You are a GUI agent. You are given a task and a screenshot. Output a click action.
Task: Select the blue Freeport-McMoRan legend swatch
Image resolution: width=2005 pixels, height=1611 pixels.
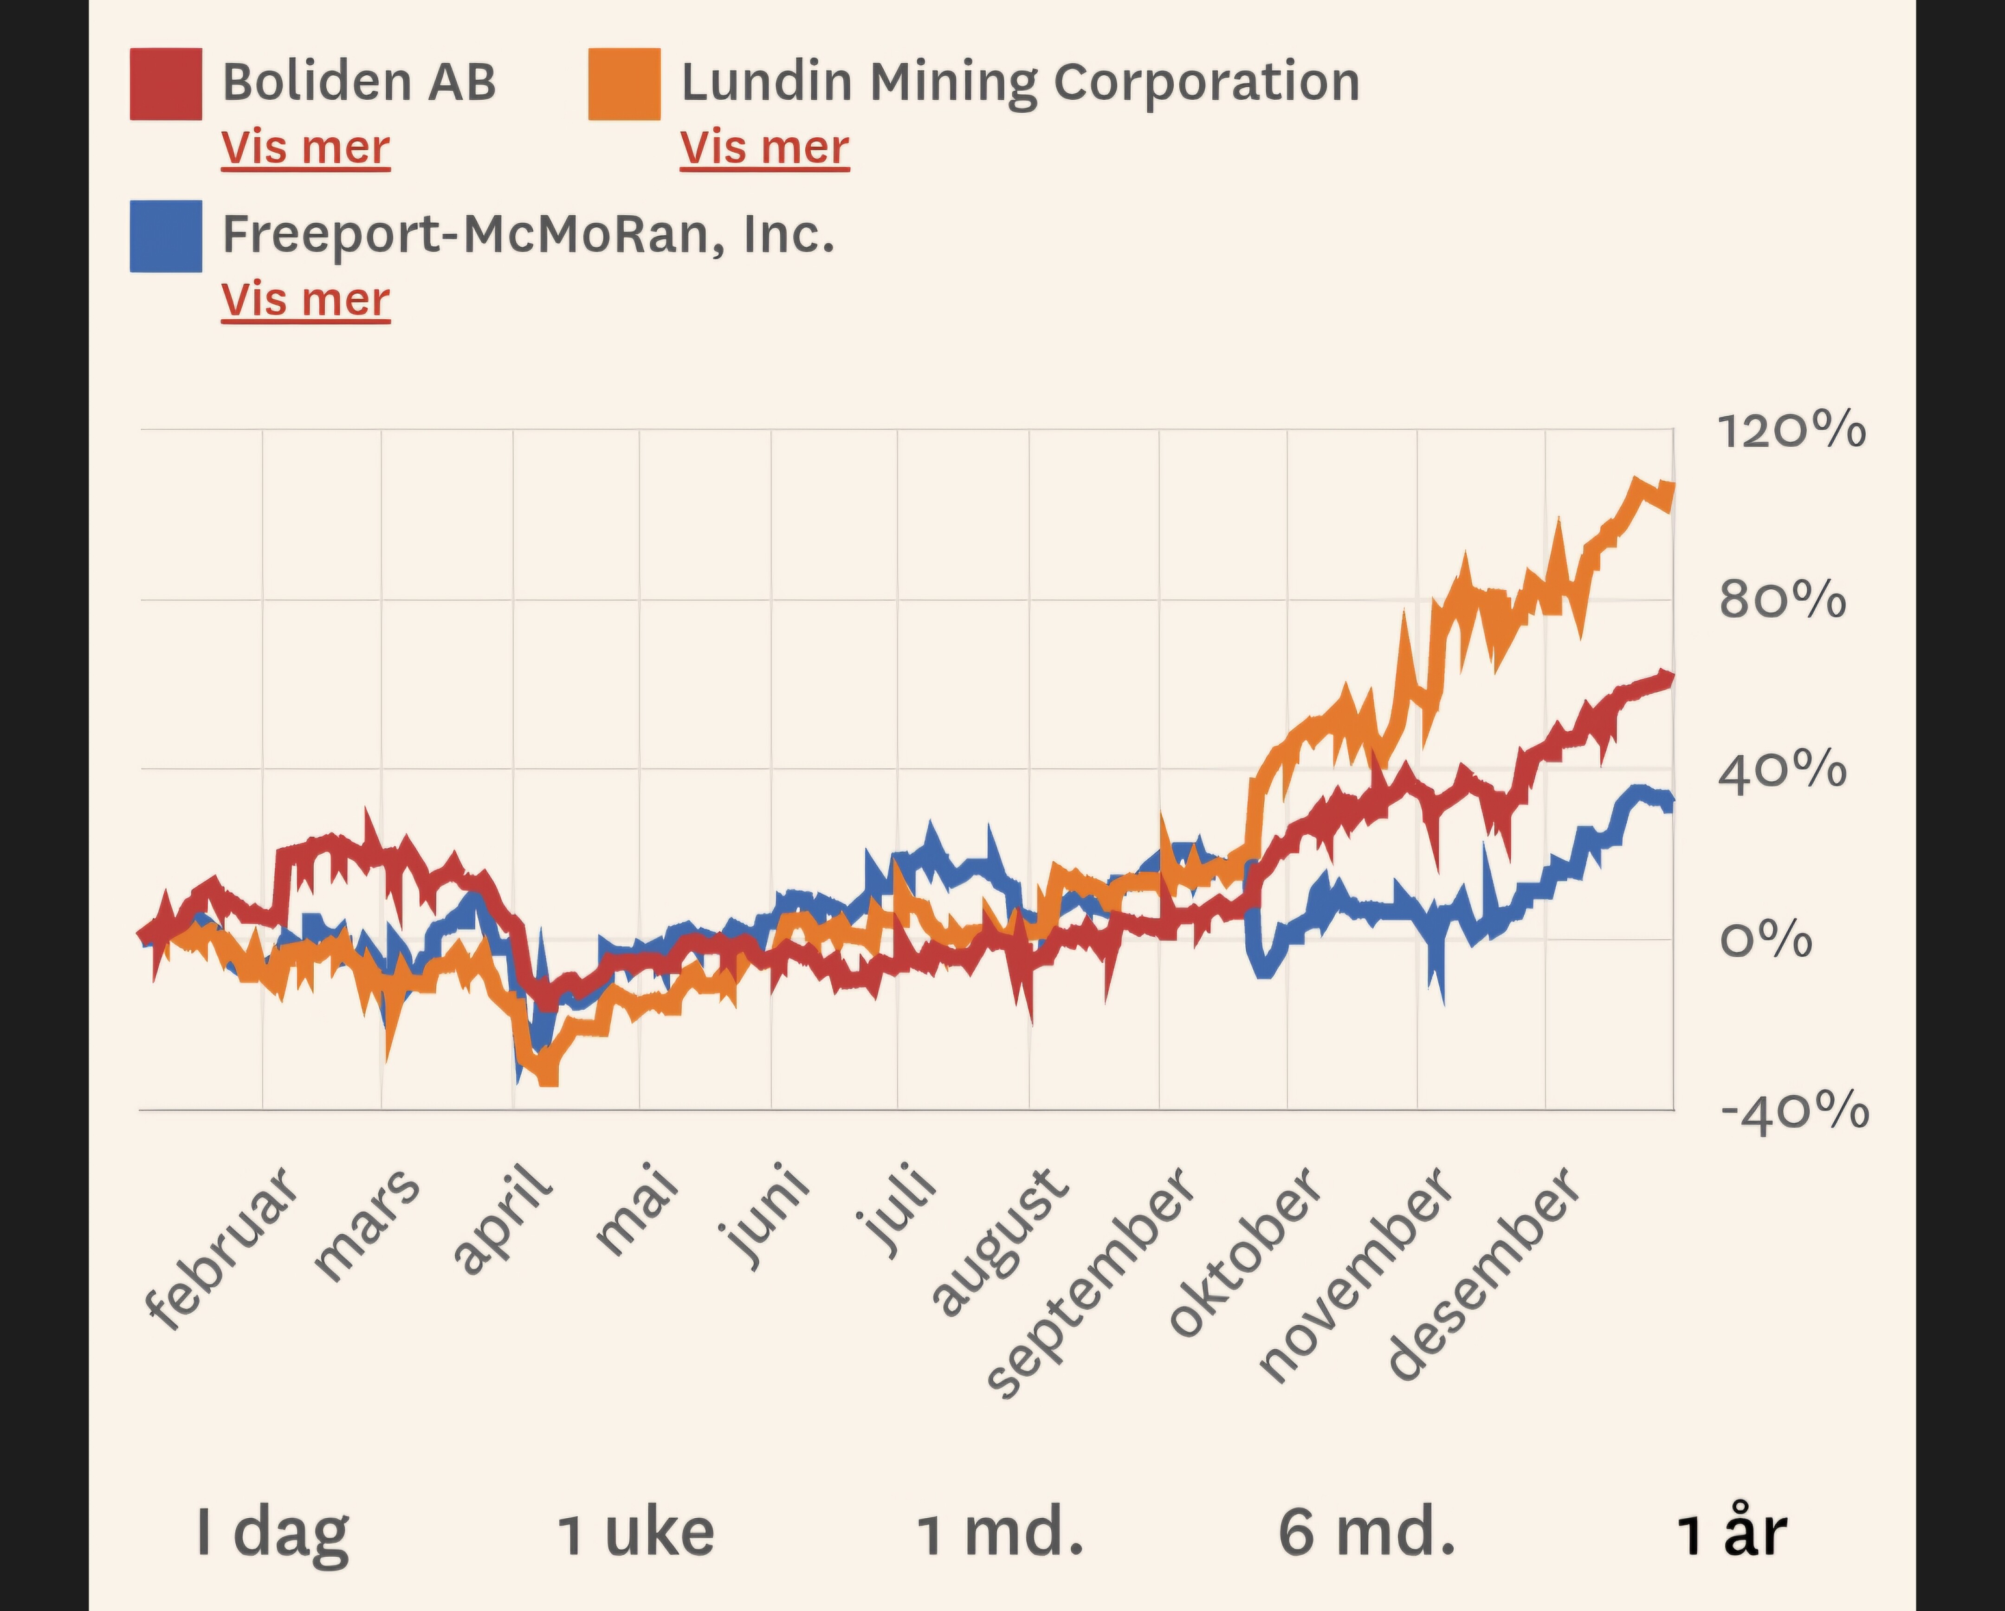pyautogui.click(x=166, y=236)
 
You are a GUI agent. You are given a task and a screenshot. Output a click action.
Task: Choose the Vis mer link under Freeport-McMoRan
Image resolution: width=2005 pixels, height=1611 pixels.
pyautogui.click(x=305, y=300)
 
